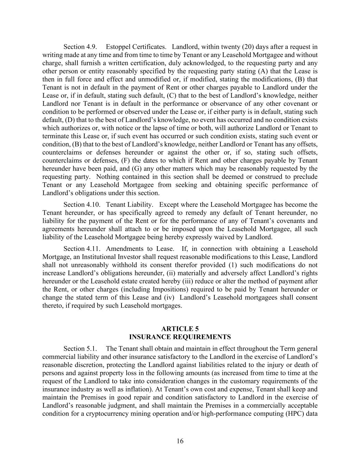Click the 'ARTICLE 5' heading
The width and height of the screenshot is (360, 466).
(x=180, y=329)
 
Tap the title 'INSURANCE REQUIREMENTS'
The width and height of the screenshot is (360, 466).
(x=180, y=337)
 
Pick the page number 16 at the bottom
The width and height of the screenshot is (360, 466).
(x=180, y=441)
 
